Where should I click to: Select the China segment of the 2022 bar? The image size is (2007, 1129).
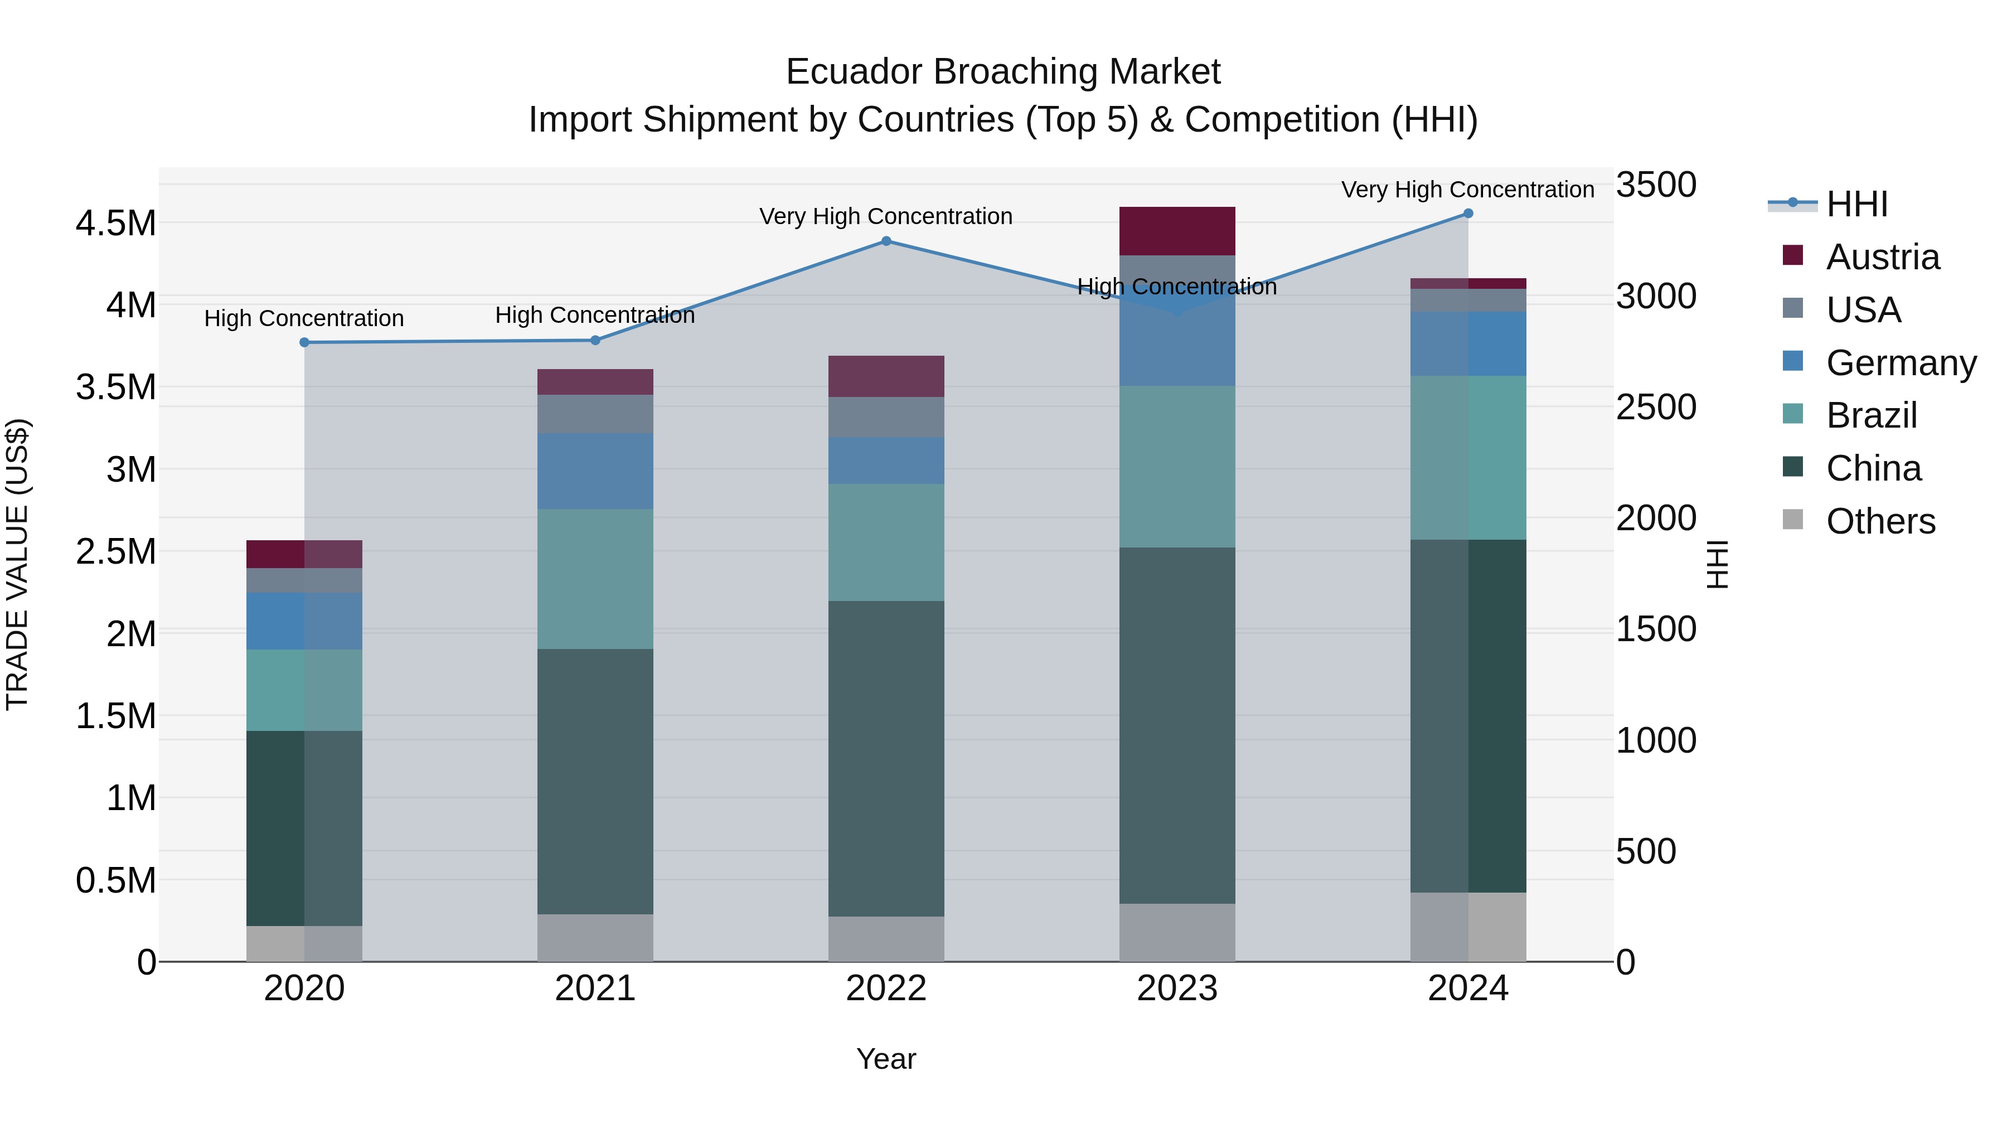pos(886,758)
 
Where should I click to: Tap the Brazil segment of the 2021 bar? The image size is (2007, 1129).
pos(595,579)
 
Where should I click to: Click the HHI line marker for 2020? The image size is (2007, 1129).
pos(304,342)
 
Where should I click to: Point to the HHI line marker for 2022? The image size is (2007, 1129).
pos(886,241)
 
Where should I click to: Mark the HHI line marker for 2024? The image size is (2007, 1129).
pos(1468,214)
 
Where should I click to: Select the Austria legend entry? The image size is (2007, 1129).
pos(1882,257)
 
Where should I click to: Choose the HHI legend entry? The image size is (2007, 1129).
pos(1856,204)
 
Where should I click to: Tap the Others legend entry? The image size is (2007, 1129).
pos(1879,521)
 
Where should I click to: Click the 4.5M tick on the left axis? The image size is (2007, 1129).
pos(115,224)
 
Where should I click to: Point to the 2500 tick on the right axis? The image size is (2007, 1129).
pos(1656,408)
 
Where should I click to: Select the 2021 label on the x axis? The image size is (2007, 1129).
pos(595,989)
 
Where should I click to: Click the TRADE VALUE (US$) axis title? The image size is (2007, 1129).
pos(17,564)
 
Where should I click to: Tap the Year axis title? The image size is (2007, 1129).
pos(886,1059)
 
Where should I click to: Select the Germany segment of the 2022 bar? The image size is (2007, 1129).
pos(886,461)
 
